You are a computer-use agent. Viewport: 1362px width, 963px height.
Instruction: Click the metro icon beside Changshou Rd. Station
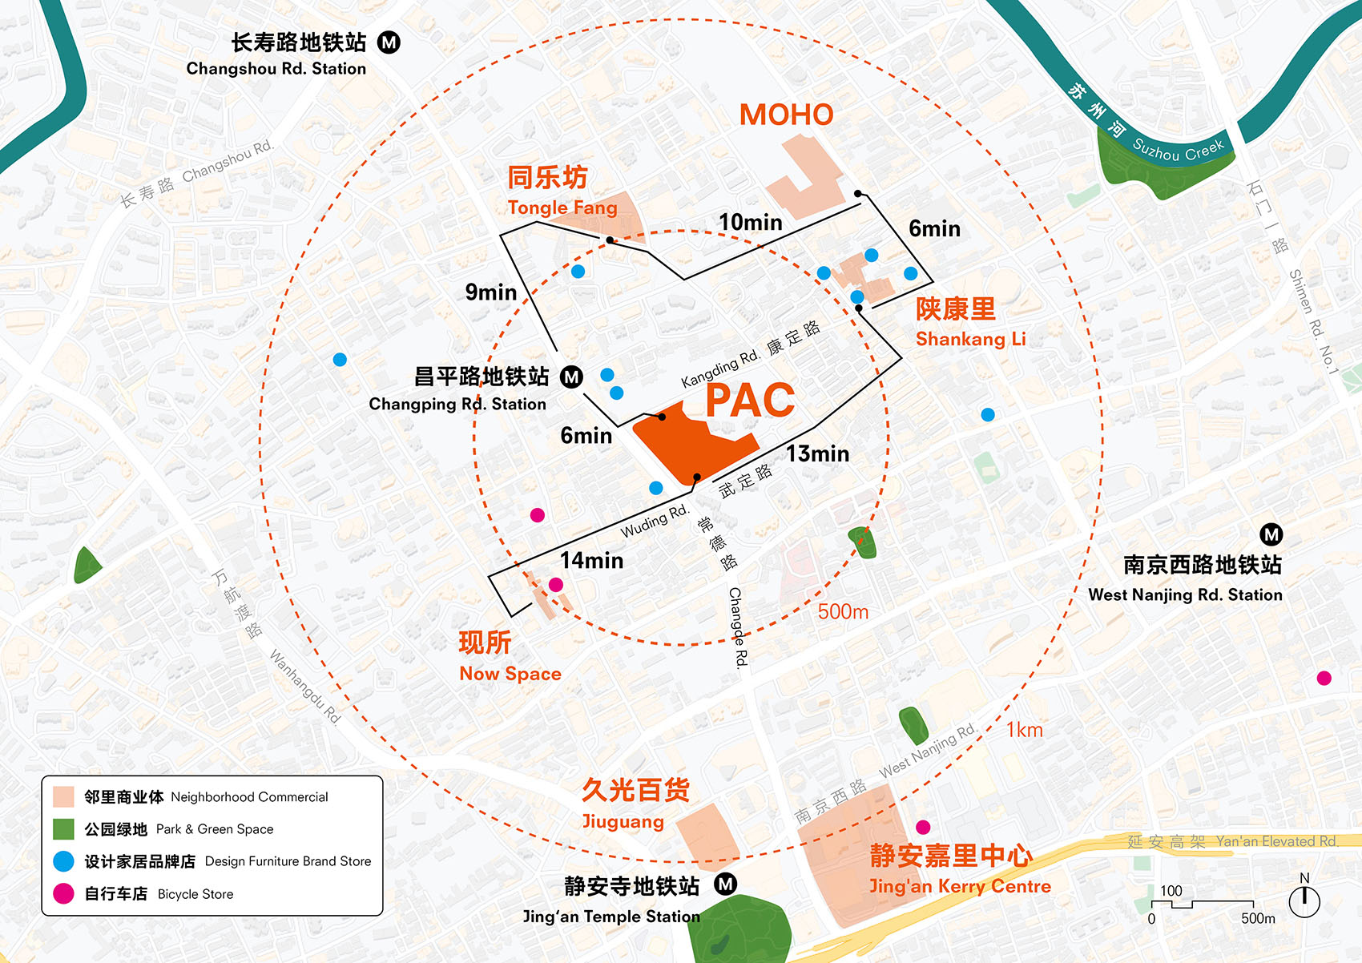(389, 42)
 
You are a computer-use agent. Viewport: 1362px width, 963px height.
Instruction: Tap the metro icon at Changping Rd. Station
(571, 377)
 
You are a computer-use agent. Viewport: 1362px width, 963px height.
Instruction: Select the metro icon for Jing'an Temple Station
(725, 884)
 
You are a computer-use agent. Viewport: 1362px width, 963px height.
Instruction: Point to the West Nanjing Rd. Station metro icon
(1271, 534)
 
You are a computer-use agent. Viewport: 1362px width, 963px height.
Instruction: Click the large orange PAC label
(750, 400)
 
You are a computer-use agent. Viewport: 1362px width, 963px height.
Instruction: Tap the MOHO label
(786, 115)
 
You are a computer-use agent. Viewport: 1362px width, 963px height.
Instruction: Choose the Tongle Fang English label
(562, 208)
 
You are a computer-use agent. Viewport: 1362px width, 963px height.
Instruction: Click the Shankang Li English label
(970, 339)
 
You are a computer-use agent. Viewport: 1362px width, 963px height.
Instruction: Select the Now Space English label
(510, 674)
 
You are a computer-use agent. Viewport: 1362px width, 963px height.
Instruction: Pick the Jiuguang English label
(623, 821)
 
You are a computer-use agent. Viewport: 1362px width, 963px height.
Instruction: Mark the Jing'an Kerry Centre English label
(960, 886)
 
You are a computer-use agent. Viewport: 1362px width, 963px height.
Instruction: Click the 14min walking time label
(591, 561)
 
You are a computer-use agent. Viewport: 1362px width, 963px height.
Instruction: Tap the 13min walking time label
(817, 454)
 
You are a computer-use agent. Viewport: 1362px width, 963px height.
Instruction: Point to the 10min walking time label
(750, 223)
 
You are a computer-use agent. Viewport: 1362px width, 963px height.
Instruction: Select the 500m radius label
(843, 612)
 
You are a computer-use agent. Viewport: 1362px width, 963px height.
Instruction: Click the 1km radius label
(1025, 730)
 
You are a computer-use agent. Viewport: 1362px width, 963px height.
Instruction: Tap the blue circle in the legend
(63, 861)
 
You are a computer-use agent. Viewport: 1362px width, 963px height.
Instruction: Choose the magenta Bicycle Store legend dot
(63, 894)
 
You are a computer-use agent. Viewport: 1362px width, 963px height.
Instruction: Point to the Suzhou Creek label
(1178, 150)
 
